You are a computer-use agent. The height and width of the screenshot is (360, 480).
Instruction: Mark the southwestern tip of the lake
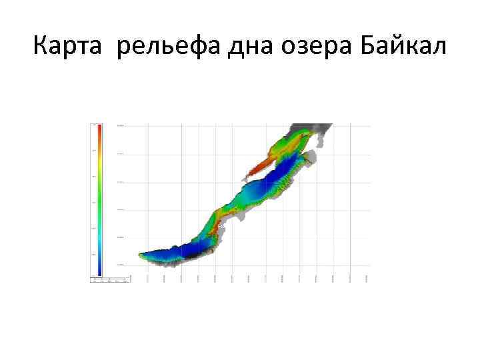click(x=140, y=254)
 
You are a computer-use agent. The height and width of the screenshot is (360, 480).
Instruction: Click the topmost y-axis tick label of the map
click(x=121, y=125)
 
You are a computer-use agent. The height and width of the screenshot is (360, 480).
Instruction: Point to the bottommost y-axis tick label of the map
click(x=121, y=265)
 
